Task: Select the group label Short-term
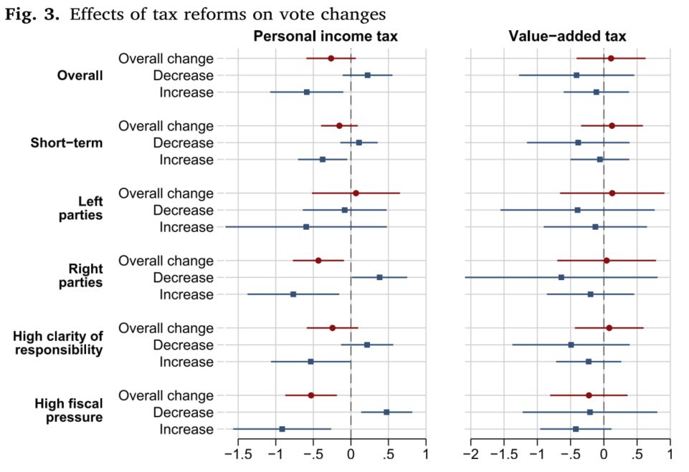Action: (67, 143)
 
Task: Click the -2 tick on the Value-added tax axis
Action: (470, 453)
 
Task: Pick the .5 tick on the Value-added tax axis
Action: (637, 453)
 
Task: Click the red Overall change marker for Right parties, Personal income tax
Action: (318, 261)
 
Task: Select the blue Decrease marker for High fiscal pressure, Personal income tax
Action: (386, 413)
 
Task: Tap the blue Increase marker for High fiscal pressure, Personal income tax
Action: (282, 429)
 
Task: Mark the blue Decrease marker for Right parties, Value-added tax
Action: (561, 277)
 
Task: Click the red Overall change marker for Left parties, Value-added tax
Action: (612, 193)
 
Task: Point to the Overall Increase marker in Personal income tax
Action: (307, 92)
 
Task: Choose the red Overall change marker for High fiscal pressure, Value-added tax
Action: (589, 395)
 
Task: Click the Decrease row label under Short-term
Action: (183, 143)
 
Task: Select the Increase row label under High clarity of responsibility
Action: (186, 362)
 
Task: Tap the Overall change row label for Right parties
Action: (166, 261)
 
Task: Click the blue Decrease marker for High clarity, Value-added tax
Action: (571, 345)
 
